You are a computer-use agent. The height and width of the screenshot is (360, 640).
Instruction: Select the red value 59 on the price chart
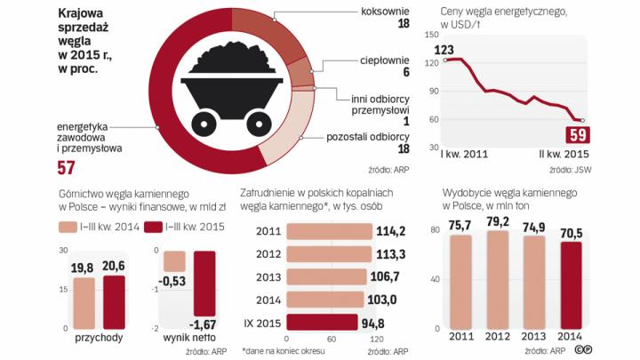tap(577, 134)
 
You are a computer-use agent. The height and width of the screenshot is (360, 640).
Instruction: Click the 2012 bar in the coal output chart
tap(498, 280)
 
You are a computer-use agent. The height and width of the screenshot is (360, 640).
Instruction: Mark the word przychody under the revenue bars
tap(99, 338)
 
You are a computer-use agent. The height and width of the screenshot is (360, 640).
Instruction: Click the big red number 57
tap(67, 169)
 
